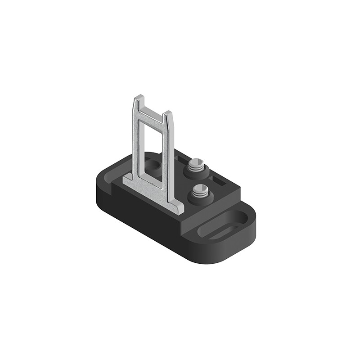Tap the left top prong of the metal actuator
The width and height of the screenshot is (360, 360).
tap(139, 100)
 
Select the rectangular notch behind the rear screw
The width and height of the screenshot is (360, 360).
tap(182, 157)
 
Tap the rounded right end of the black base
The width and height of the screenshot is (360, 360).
tap(245, 234)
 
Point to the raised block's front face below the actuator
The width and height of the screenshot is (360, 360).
tap(148, 202)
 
